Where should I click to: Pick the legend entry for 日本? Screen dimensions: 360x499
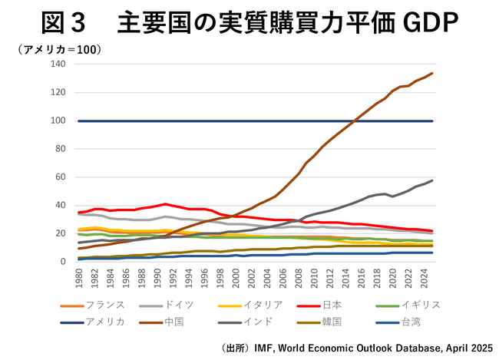(345, 305)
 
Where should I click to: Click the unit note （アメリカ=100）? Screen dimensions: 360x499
(61, 49)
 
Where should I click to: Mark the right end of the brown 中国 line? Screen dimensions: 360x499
(432, 74)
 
